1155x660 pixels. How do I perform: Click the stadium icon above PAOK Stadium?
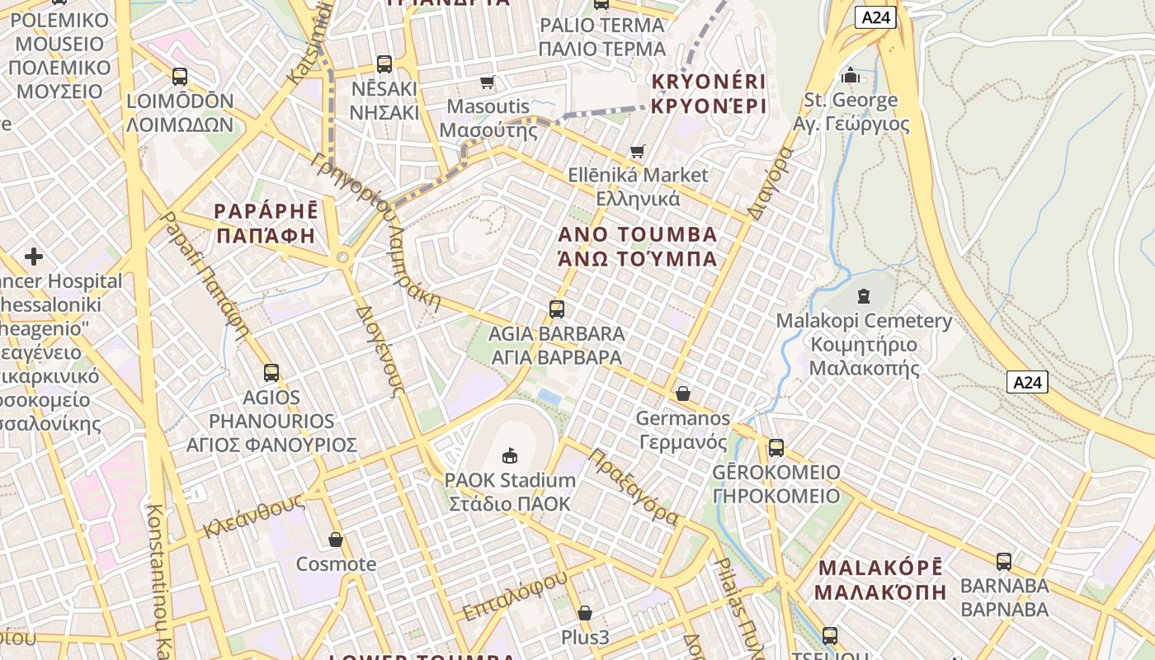coord(509,455)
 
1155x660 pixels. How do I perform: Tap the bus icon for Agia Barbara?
coord(557,309)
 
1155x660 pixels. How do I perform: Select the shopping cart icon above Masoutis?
coord(487,82)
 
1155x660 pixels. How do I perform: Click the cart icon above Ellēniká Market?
coord(637,150)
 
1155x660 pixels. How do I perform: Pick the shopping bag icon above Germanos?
coord(682,394)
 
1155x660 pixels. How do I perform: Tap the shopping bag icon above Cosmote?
coord(336,540)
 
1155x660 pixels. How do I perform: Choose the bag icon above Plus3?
coord(585,613)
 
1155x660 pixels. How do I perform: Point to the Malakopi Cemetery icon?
coord(864,295)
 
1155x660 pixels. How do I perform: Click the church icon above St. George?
coord(851,76)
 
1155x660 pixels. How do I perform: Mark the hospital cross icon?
coord(34,257)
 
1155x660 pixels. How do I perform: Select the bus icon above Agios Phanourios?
coord(271,372)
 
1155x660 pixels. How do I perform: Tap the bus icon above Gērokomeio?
coord(776,448)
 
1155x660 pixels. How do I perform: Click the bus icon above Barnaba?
coord(1004,561)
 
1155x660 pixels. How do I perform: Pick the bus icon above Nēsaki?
coord(384,64)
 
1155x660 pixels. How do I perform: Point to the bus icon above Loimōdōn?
coord(180,76)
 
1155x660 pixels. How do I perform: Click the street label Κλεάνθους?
coord(255,516)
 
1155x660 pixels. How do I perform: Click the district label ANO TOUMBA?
coord(638,246)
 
